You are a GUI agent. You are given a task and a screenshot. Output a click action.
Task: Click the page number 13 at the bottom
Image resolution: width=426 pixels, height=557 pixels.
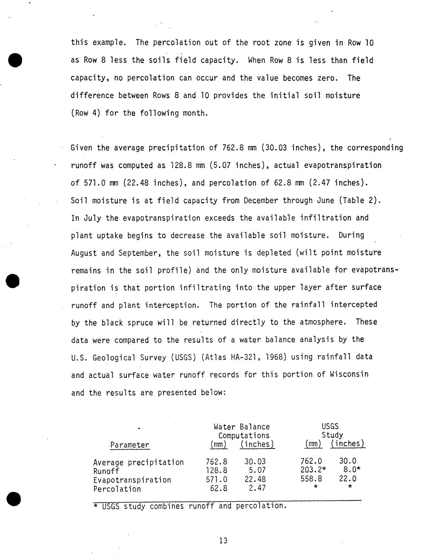coord(223,540)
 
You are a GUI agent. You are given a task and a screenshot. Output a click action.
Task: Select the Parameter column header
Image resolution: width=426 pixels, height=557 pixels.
coord(130,445)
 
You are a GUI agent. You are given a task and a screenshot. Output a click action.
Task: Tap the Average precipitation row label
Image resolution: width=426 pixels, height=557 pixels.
coord(138,462)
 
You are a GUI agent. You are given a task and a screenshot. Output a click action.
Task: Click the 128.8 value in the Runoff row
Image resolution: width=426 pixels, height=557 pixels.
coord(216,471)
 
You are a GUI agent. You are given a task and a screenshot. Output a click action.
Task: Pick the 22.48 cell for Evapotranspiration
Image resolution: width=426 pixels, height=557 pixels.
coord(255,480)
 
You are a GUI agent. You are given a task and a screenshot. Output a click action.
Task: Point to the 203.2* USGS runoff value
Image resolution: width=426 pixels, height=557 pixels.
coord(313,470)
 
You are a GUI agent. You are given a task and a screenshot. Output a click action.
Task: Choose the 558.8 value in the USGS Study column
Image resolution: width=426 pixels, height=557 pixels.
coord(311,479)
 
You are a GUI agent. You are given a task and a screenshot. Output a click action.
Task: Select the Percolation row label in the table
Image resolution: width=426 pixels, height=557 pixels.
coord(117,489)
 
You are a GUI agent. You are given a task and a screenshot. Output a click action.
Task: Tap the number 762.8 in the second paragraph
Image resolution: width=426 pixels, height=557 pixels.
coord(233,148)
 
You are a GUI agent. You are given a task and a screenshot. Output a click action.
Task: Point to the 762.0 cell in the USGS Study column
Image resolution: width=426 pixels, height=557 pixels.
coord(311,461)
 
